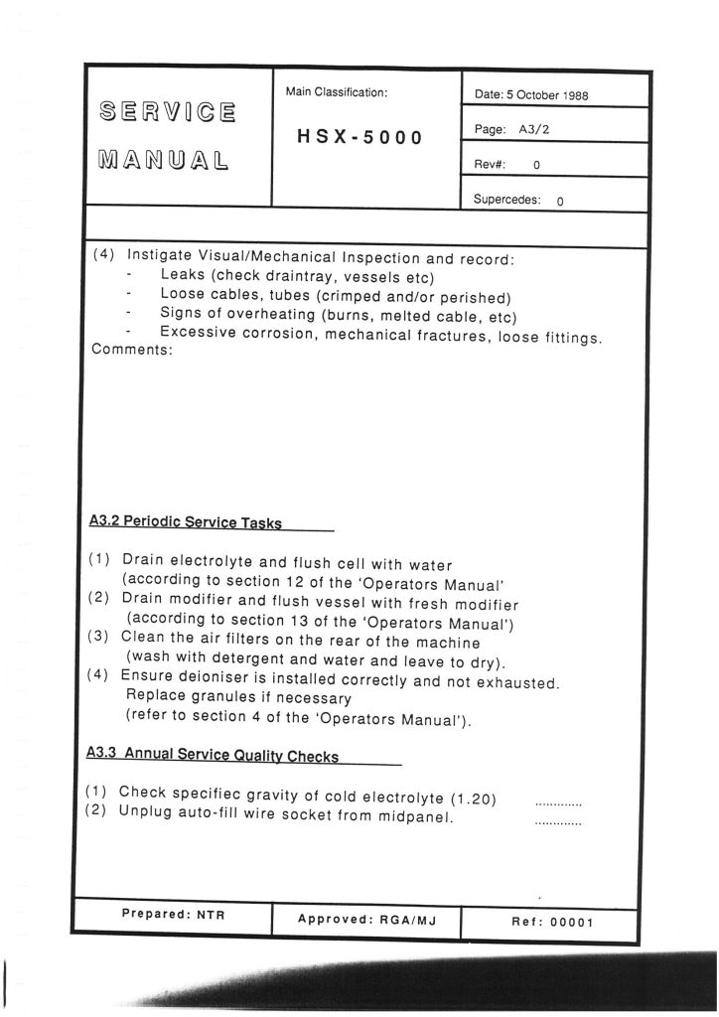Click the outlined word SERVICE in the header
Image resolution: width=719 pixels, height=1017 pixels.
click(167, 110)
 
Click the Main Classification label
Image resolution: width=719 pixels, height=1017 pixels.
click(336, 92)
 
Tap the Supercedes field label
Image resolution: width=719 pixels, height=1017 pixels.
click(507, 199)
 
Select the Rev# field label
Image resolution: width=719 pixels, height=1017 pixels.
click(492, 165)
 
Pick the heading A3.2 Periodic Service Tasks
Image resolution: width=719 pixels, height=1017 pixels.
click(185, 522)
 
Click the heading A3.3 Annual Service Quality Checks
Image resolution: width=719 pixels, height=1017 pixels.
click(213, 756)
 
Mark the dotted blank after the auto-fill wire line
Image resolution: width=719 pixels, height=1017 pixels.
click(558, 822)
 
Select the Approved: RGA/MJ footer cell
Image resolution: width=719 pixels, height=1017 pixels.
click(366, 920)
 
